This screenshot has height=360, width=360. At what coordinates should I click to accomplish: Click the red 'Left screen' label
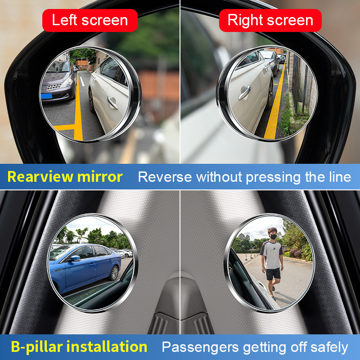(x=90, y=20)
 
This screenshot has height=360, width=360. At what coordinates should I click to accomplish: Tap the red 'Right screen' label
(x=270, y=20)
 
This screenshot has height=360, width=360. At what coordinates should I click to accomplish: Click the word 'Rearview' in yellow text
(x=40, y=177)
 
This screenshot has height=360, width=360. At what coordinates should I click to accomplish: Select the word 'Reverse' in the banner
(x=165, y=177)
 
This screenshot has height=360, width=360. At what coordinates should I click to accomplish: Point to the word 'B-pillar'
(x=37, y=347)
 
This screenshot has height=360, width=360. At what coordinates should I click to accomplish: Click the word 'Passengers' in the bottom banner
(x=200, y=347)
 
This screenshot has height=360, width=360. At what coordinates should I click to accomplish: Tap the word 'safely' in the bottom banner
(x=329, y=347)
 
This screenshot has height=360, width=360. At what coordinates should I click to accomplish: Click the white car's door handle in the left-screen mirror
(x=112, y=103)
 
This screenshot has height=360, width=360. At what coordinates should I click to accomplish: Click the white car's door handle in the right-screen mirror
(x=244, y=93)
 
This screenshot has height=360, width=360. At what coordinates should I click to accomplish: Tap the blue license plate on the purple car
(x=46, y=96)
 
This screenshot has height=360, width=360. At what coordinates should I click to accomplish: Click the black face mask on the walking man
(x=273, y=237)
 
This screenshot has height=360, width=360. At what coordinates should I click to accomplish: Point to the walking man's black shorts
(x=273, y=274)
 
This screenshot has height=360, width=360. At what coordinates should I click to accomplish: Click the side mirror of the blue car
(x=75, y=258)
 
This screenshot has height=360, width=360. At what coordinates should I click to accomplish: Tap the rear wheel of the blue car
(x=114, y=273)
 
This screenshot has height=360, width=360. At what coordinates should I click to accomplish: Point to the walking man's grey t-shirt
(x=272, y=255)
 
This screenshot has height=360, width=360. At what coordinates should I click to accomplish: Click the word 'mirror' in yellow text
(x=100, y=177)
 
